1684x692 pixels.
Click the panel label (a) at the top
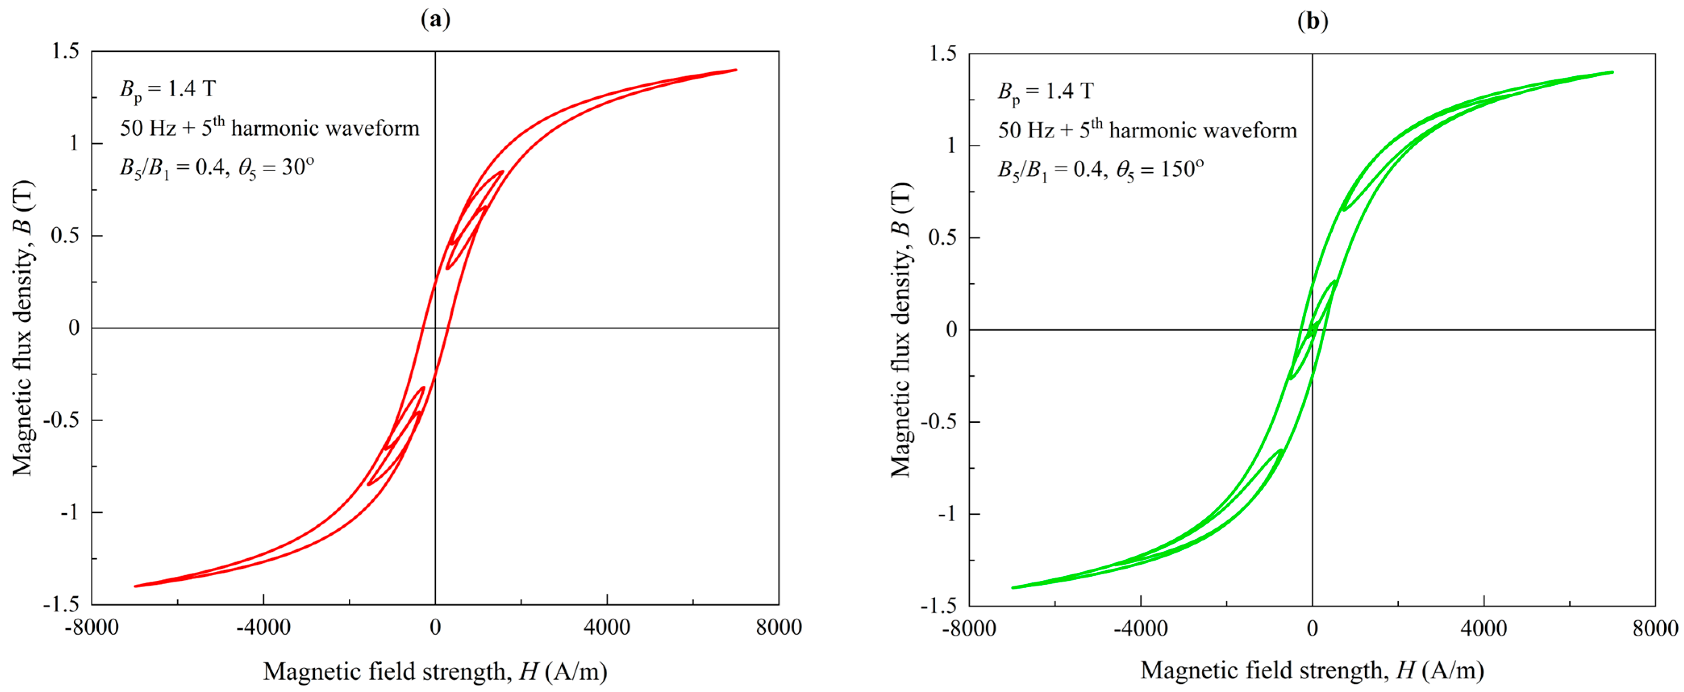tap(435, 20)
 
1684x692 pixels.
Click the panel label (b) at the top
tap(1312, 22)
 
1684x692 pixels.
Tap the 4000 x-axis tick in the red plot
tap(607, 627)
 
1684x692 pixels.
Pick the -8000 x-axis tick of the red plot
tap(92, 627)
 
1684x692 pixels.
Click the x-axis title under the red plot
tap(435, 671)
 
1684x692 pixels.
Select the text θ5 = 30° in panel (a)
tap(276, 168)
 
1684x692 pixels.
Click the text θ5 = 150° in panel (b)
tap(1159, 170)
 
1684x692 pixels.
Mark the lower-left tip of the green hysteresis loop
tap(1013, 588)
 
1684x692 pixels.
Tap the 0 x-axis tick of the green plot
tap(1312, 629)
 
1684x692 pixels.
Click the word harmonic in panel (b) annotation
tap(1149, 131)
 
